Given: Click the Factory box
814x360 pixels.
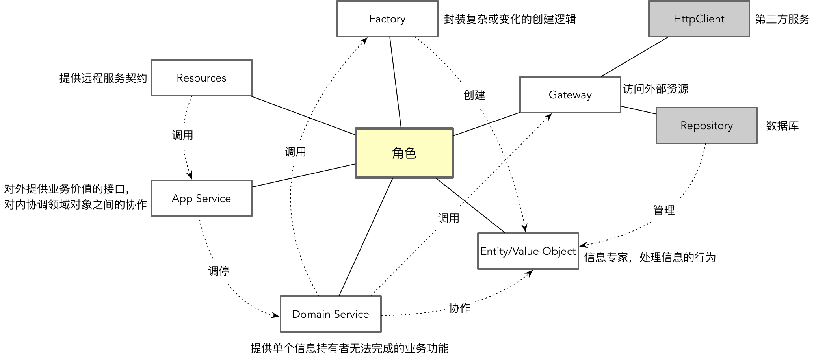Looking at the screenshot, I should coord(387,19).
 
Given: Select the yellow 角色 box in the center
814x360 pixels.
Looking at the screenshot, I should coord(404,153).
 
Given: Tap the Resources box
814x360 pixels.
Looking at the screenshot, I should coord(201,78).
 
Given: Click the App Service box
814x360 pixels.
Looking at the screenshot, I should coord(201,199).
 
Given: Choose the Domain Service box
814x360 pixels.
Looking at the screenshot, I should coord(331,314).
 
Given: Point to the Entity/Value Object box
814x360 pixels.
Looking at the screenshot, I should coord(528,251).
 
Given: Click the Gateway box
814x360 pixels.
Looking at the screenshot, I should coord(570,95).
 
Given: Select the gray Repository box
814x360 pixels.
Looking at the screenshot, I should coord(706,126).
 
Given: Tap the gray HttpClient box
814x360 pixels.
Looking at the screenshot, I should coord(699,19).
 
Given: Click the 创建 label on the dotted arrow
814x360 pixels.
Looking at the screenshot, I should coord(474,95).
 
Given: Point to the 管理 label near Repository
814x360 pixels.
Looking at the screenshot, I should coord(664,210).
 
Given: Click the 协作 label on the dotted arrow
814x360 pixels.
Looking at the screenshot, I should coord(460,308).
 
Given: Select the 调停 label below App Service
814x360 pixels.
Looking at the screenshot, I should coord(219,271).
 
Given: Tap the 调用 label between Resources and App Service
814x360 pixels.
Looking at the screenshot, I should coord(182,135).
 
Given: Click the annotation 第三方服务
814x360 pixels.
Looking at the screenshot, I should coord(782,19).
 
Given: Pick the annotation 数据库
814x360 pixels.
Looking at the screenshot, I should coord(782,126).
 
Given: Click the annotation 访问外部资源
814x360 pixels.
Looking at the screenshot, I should coord(656,89).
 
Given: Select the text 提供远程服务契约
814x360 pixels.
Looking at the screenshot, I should coord(103,78).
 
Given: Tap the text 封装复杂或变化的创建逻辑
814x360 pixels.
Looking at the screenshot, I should coord(510,19).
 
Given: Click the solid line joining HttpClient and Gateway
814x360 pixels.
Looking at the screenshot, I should coord(635,57).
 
